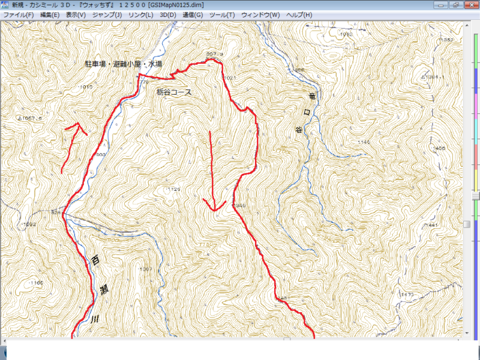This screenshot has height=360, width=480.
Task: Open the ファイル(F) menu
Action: pos(19,14)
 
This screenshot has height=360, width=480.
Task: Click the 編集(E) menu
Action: pos(50,14)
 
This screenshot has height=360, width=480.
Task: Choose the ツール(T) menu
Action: pos(222,14)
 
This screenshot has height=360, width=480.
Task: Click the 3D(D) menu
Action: pos(168,14)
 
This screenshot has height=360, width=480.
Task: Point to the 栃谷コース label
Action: pos(174,92)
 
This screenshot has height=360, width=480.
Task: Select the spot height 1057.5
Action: pos(33,119)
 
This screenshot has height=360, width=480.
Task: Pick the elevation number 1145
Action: pos(364,142)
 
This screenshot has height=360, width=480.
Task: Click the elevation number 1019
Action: pos(86,87)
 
